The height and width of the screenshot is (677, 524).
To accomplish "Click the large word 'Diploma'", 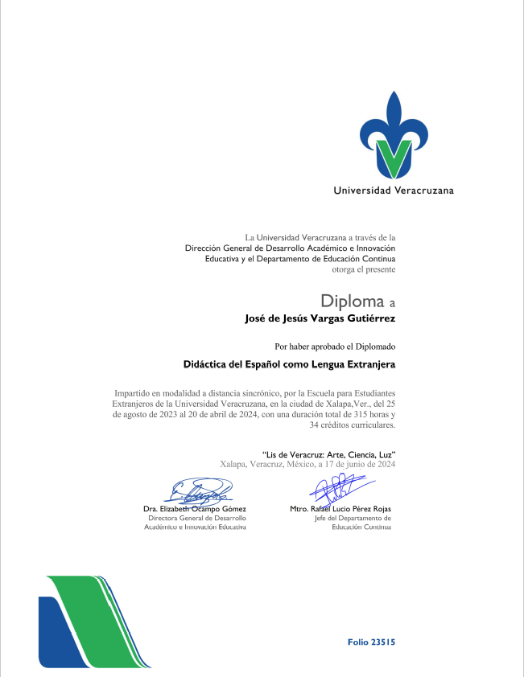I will click(349, 302).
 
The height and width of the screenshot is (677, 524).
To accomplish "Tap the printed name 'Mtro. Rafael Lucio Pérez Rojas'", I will click(340, 509).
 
